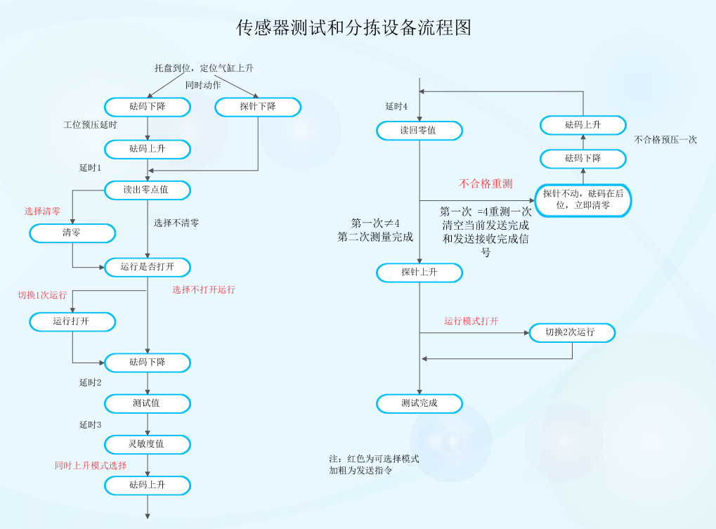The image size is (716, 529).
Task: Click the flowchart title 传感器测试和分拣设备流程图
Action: [x=353, y=27]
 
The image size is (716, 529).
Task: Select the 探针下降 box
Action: [x=258, y=107]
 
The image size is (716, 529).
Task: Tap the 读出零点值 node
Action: [x=147, y=190]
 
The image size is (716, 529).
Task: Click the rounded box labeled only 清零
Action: [x=72, y=233]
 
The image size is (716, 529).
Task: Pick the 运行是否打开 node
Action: [x=147, y=267]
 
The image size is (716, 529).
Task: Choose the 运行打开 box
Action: [x=72, y=321]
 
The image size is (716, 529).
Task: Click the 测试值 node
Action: [x=147, y=403]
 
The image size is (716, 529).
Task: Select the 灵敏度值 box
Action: [x=147, y=444]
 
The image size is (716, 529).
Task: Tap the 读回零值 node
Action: [x=419, y=131]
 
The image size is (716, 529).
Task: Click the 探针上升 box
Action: [x=419, y=272]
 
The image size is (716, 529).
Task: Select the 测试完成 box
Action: [x=419, y=403]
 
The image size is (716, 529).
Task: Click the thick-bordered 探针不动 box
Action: [x=583, y=200]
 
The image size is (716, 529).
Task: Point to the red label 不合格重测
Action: [x=486, y=184]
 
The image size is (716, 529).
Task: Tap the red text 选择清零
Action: [x=42, y=211]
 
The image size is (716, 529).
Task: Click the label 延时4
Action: [x=397, y=107]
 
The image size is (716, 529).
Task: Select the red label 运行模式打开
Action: [x=471, y=322]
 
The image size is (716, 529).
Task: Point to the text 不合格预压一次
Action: [x=665, y=140]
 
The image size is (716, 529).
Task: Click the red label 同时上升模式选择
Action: [x=91, y=466]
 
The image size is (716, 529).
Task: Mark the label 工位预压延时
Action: [x=90, y=125]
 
